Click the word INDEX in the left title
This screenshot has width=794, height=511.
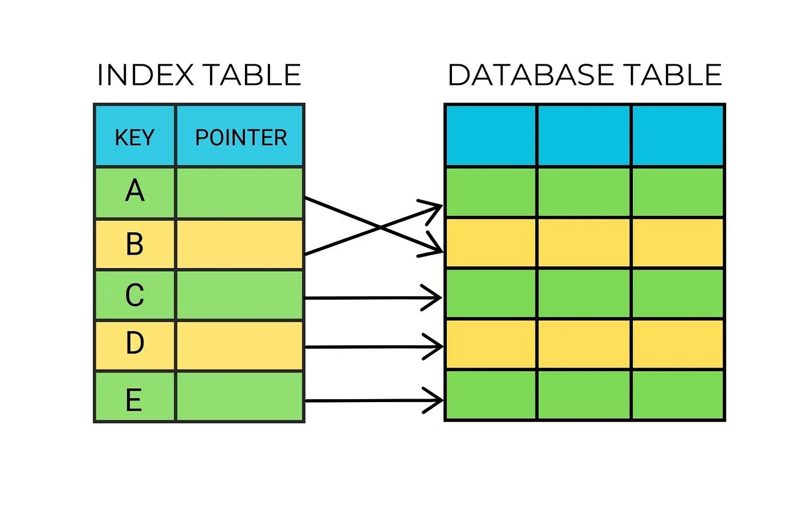138,76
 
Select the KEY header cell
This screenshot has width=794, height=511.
134,137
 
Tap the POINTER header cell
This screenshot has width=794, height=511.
240,137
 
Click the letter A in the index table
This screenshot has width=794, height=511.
134,191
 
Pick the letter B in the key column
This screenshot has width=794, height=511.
134,244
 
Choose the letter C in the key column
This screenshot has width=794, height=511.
134,295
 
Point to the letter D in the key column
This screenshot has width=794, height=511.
134,344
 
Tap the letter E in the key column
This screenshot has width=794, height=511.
134,400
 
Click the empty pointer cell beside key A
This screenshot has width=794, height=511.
240,193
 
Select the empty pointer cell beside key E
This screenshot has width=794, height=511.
240,396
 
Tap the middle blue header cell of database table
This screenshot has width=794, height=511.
584,136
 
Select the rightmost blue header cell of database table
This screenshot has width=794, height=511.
678,136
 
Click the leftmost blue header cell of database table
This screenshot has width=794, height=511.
491,136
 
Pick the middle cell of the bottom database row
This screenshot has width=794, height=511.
584,395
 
